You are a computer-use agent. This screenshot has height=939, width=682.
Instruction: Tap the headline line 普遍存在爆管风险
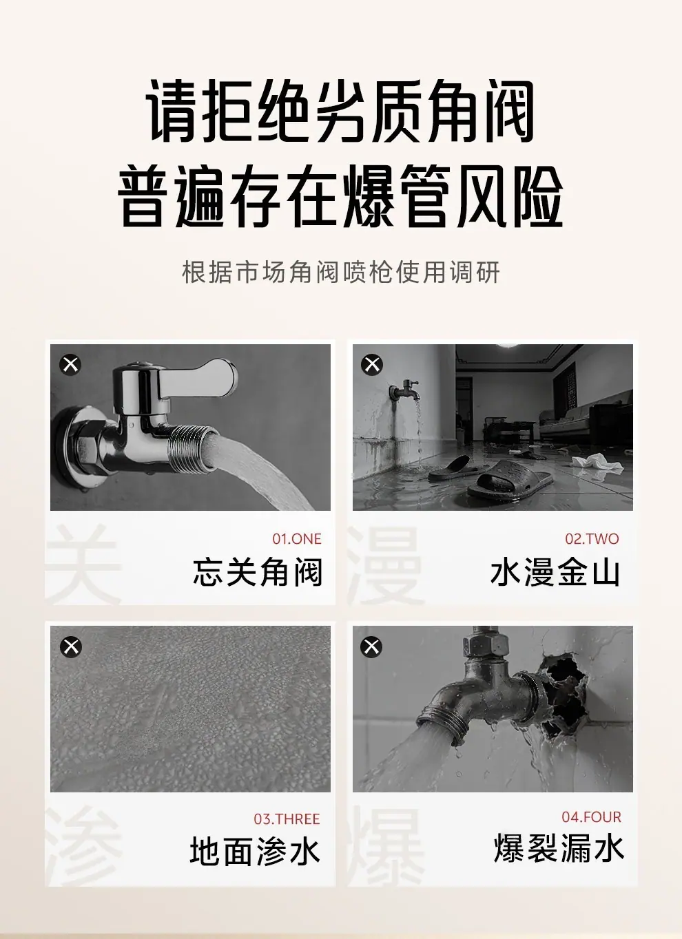click(x=340, y=196)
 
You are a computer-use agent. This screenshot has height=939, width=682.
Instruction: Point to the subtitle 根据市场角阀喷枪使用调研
click(x=341, y=273)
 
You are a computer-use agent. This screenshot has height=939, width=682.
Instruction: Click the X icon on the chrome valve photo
click(x=70, y=364)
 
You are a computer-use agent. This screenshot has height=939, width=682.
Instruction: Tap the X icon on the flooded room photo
click(x=372, y=364)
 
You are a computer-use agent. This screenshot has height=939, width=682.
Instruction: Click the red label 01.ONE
click(x=297, y=539)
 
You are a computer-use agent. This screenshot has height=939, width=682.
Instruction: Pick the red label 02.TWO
click(x=592, y=539)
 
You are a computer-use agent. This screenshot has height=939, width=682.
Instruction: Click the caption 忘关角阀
click(x=258, y=573)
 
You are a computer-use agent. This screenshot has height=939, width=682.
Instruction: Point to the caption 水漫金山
click(x=555, y=573)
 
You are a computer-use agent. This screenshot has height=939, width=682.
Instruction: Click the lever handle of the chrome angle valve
click(x=197, y=379)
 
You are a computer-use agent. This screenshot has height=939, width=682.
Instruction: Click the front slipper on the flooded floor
click(x=510, y=480)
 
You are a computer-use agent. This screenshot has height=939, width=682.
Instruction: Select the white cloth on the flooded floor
click(x=592, y=462)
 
